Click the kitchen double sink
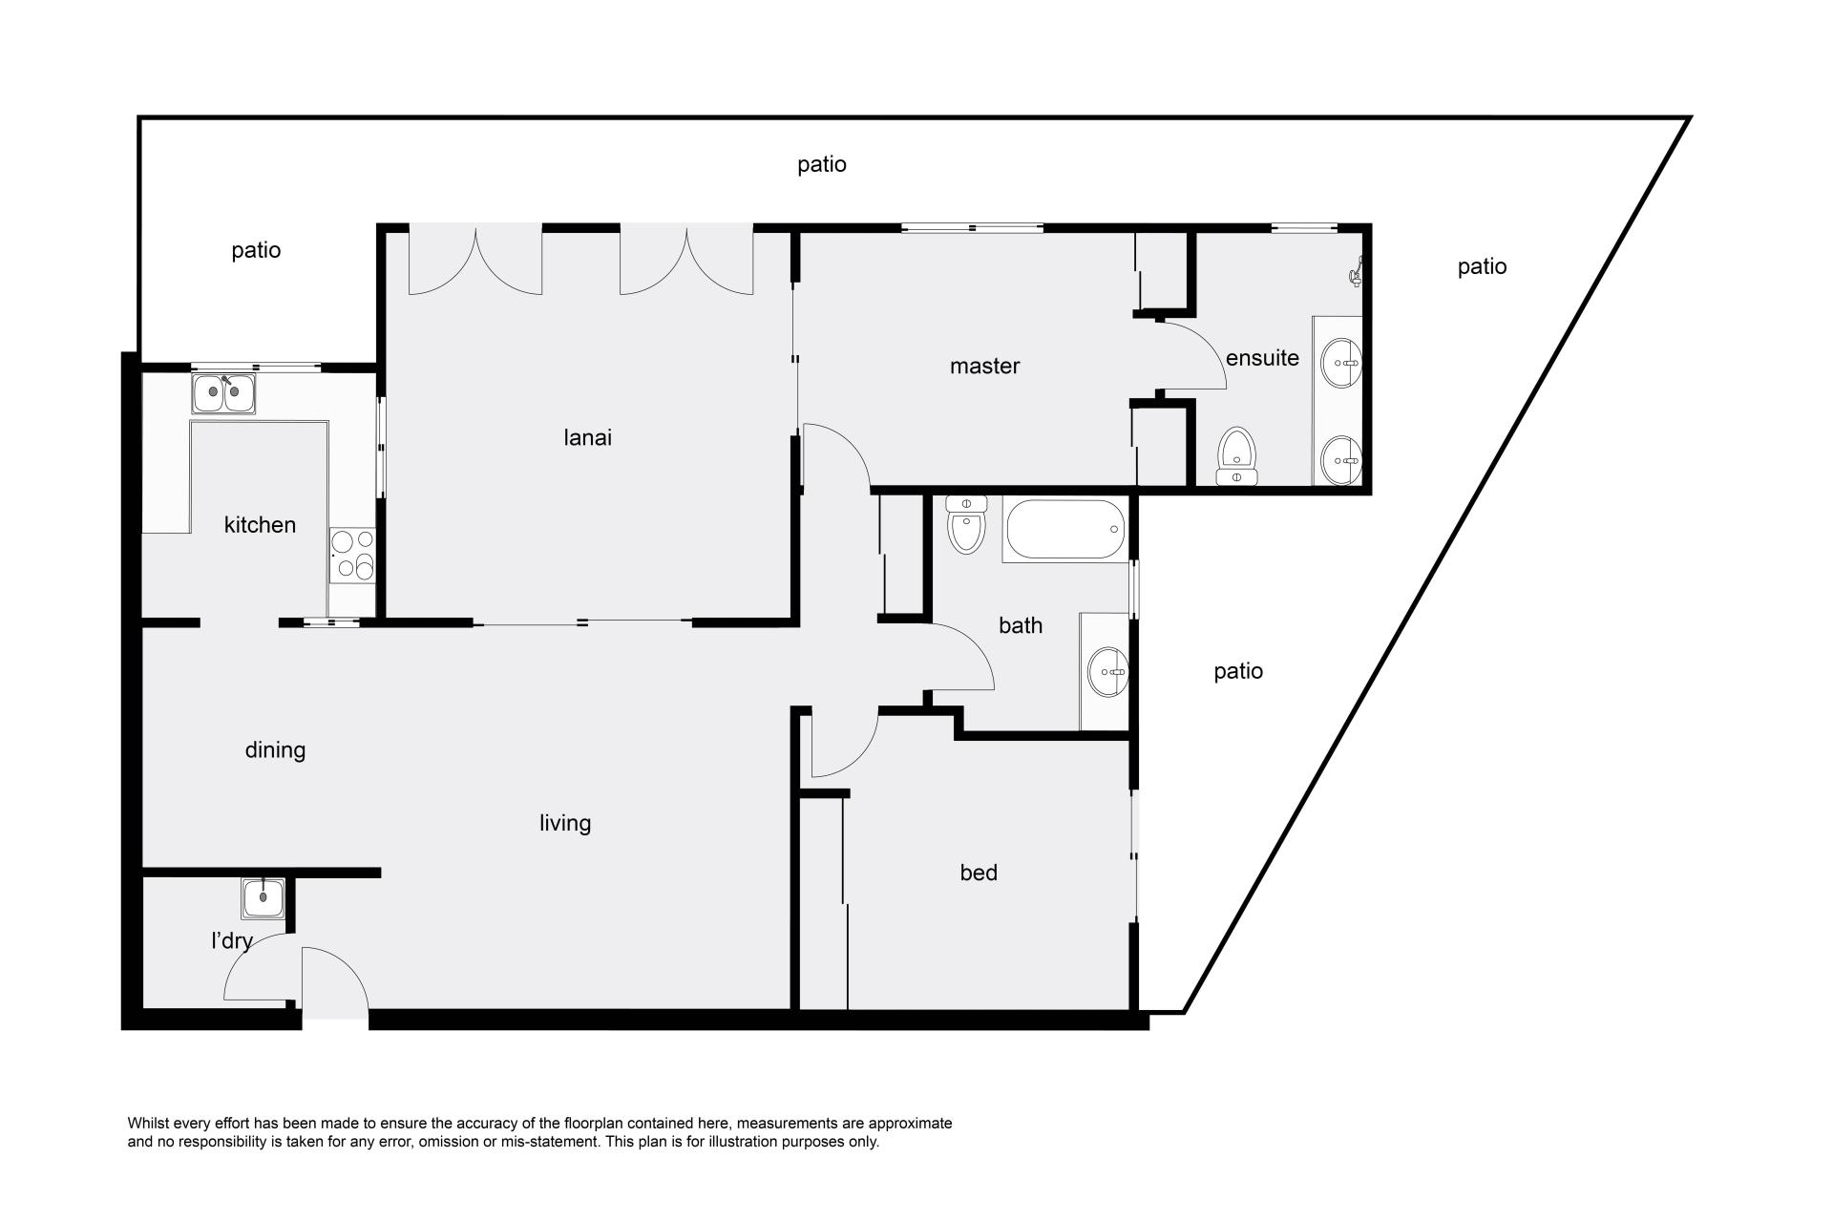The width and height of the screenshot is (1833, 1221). click(x=224, y=393)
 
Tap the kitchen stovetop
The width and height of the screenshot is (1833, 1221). click(x=352, y=555)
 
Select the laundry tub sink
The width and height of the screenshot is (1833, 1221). click(x=263, y=897)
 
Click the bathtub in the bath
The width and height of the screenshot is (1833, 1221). click(x=1065, y=530)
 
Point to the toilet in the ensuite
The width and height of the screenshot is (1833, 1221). click(x=1238, y=456)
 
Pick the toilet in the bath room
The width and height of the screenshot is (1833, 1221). click(x=966, y=524)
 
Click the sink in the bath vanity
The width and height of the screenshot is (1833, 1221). click(x=1108, y=672)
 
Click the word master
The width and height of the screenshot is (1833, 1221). click(x=985, y=366)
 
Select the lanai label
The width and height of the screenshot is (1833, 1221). click(x=588, y=437)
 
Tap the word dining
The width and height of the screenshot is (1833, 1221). click(x=275, y=750)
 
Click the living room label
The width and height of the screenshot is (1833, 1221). click(x=565, y=823)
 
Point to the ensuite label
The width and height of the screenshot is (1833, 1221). click(x=1262, y=358)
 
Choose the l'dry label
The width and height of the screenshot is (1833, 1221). click(x=232, y=941)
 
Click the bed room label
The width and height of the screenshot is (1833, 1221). click(x=979, y=873)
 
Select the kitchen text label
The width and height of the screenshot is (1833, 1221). click(x=260, y=524)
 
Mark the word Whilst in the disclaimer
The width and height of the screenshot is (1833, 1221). click(x=148, y=1124)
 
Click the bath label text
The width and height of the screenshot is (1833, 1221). click(x=1021, y=625)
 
